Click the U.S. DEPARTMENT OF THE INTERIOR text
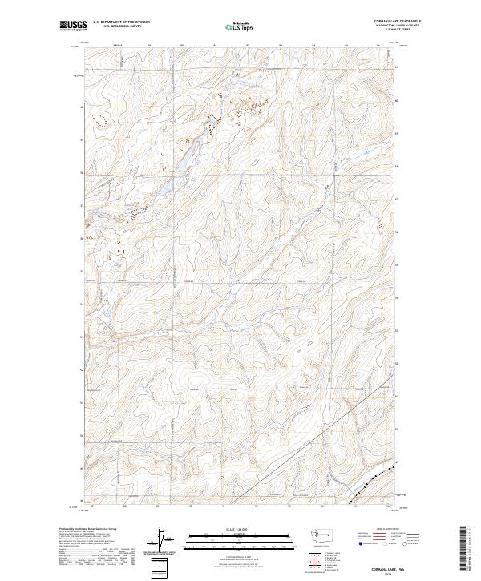(121, 22)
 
